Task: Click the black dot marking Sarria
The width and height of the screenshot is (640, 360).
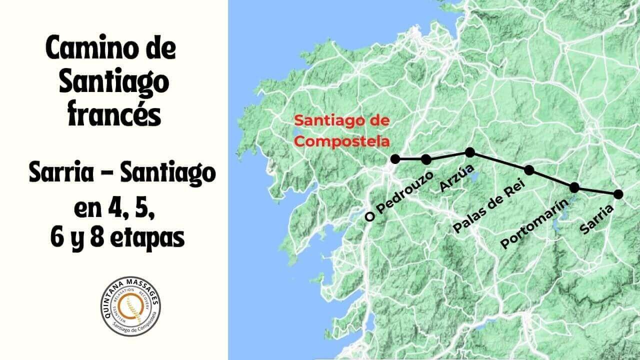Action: pyautogui.click(x=618, y=194)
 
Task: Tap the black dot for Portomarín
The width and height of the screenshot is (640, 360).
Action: pyautogui.click(x=574, y=187)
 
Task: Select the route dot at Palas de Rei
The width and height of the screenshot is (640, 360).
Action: pyautogui.click(x=529, y=170)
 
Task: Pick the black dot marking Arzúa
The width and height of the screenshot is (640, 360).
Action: pyautogui.click(x=469, y=152)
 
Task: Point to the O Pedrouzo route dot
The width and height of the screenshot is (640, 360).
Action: pyautogui.click(x=426, y=159)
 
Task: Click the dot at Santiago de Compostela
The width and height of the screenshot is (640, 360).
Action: pyautogui.click(x=395, y=159)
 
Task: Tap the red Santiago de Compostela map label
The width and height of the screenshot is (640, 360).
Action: pyautogui.click(x=342, y=131)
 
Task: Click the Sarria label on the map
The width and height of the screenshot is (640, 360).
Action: pyautogui.click(x=597, y=219)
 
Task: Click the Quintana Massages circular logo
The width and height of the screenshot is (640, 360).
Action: pyautogui.click(x=130, y=305)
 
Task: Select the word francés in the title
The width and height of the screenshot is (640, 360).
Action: pyautogui.click(x=114, y=114)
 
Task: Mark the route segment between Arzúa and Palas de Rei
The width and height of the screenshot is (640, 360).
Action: pyautogui.click(x=499, y=161)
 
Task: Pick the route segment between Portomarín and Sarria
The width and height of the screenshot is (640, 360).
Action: pyautogui.click(x=596, y=191)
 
